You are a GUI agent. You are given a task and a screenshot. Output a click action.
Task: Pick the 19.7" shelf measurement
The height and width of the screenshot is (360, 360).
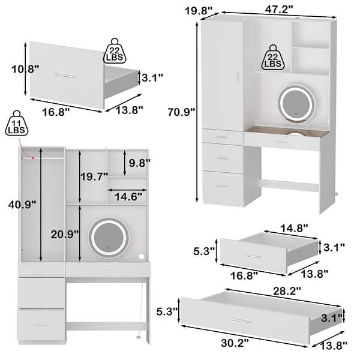94,176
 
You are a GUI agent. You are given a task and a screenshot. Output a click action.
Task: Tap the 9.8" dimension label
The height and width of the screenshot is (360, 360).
139,162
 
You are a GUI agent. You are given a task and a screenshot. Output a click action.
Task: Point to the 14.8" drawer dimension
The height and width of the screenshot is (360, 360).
295,228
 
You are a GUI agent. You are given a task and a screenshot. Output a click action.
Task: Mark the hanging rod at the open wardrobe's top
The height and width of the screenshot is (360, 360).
42,158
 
